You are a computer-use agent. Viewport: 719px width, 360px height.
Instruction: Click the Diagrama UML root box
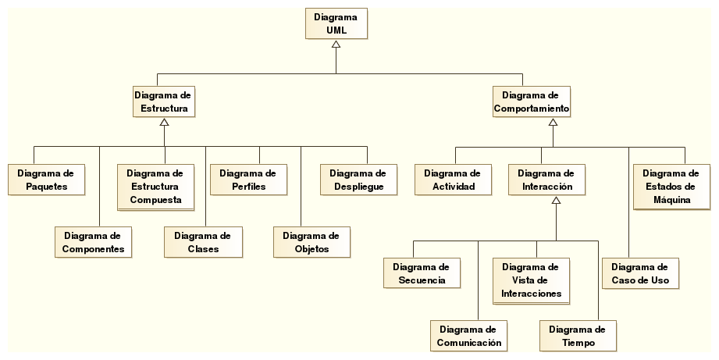[x=336, y=23]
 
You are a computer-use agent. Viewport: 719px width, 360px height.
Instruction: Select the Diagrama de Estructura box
[x=164, y=102]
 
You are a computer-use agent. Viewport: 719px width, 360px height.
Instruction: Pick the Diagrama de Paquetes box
[x=45, y=180]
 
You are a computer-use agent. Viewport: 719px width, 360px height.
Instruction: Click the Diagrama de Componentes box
[x=92, y=242]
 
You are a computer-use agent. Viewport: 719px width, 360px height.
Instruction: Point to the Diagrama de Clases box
[x=202, y=242]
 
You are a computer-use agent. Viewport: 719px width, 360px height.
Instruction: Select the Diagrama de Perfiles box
[x=248, y=180]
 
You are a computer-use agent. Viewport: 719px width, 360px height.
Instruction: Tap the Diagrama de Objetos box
[x=311, y=242]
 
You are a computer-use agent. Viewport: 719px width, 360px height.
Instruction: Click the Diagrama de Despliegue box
[x=358, y=180]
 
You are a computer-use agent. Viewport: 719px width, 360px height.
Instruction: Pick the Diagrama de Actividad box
[x=452, y=180]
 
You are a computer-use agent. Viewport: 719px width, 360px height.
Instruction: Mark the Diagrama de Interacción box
[x=546, y=180]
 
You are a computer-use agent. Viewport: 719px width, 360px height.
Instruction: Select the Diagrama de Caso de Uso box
[x=639, y=273]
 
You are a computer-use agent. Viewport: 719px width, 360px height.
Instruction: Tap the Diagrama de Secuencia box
[x=422, y=273]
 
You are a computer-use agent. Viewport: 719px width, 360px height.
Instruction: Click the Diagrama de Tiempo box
[x=578, y=336]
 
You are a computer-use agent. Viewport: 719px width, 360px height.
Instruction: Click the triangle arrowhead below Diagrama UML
[x=336, y=45]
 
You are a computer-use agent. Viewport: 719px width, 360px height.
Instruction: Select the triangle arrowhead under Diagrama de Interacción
[x=556, y=201]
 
